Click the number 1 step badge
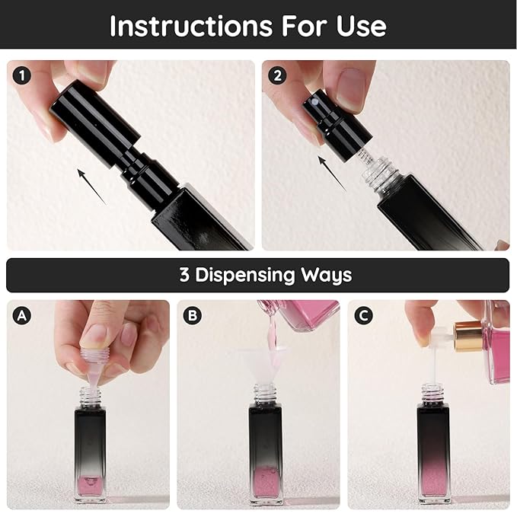(x=22, y=75)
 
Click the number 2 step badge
(x=277, y=75)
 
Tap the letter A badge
(x=22, y=315)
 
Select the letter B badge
(x=192, y=315)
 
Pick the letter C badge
(x=363, y=315)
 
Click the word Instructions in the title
(x=191, y=26)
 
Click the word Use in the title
(x=362, y=26)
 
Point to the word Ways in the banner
(x=326, y=276)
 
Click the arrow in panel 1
(x=91, y=187)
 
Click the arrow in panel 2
(x=332, y=174)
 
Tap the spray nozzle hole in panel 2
(x=315, y=103)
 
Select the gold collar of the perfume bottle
(x=468, y=337)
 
